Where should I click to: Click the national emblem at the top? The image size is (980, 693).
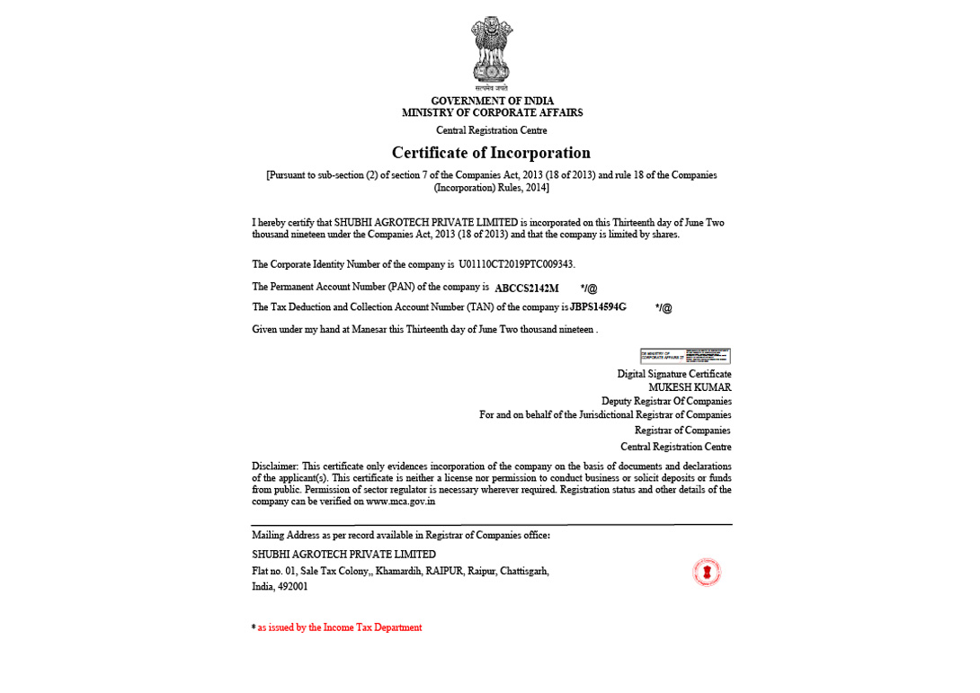tap(491, 51)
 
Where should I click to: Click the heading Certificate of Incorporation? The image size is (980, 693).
tap(491, 153)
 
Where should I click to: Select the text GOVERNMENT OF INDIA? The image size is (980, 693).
tap(492, 101)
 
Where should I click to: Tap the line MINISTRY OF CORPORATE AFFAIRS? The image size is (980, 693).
tap(492, 113)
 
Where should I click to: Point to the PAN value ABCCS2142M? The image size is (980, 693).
tap(527, 289)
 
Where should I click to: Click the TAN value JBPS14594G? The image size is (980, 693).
tap(598, 307)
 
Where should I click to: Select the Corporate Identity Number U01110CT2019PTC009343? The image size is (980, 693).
tap(515, 264)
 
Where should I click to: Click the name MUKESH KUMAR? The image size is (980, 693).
tap(690, 387)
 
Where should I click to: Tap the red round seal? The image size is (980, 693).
tap(707, 572)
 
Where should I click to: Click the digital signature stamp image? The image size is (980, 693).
tap(685, 356)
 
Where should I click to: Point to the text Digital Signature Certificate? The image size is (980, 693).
tap(673, 374)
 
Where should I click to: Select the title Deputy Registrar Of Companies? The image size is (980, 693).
tap(666, 401)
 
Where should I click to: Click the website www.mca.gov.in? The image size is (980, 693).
tap(400, 502)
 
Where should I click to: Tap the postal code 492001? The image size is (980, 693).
tap(292, 587)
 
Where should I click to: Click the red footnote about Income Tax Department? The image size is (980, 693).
tap(339, 627)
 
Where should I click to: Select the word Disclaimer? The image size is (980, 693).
tap(274, 466)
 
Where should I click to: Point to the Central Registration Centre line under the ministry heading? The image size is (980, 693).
tap(492, 130)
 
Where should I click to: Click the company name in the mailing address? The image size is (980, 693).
tap(343, 555)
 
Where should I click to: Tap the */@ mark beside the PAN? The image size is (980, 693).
tap(589, 289)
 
